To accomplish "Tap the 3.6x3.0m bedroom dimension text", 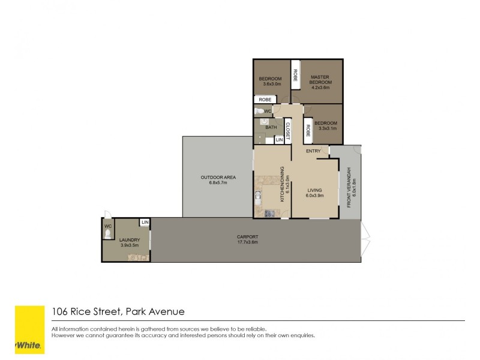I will [x=271, y=85].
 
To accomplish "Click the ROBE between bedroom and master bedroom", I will [x=295, y=75].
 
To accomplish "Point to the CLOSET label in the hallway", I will [x=287, y=132].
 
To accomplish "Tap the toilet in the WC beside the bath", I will [x=260, y=112].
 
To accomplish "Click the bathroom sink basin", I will [x=264, y=121].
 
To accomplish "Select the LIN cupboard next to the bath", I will [x=279, y=140].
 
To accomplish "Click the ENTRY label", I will [x=313, y=151].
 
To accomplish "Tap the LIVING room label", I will [x=314, y=190].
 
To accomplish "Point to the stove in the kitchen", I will [x=269, y=213].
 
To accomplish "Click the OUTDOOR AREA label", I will [x=217, y=177].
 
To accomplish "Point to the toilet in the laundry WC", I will [x=108, y=234].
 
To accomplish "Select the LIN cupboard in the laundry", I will [x=145, y=223].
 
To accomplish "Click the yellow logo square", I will [x=29, y=329].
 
